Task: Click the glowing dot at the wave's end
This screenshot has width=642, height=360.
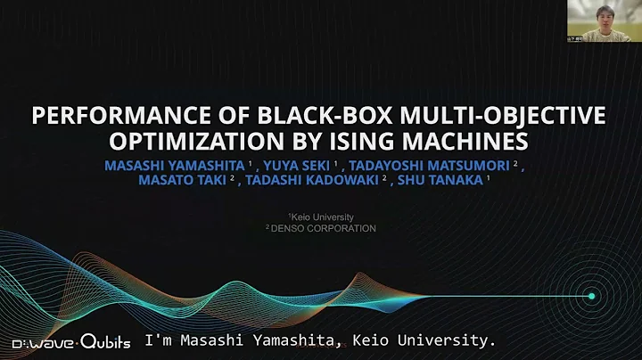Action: click(590, 295)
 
